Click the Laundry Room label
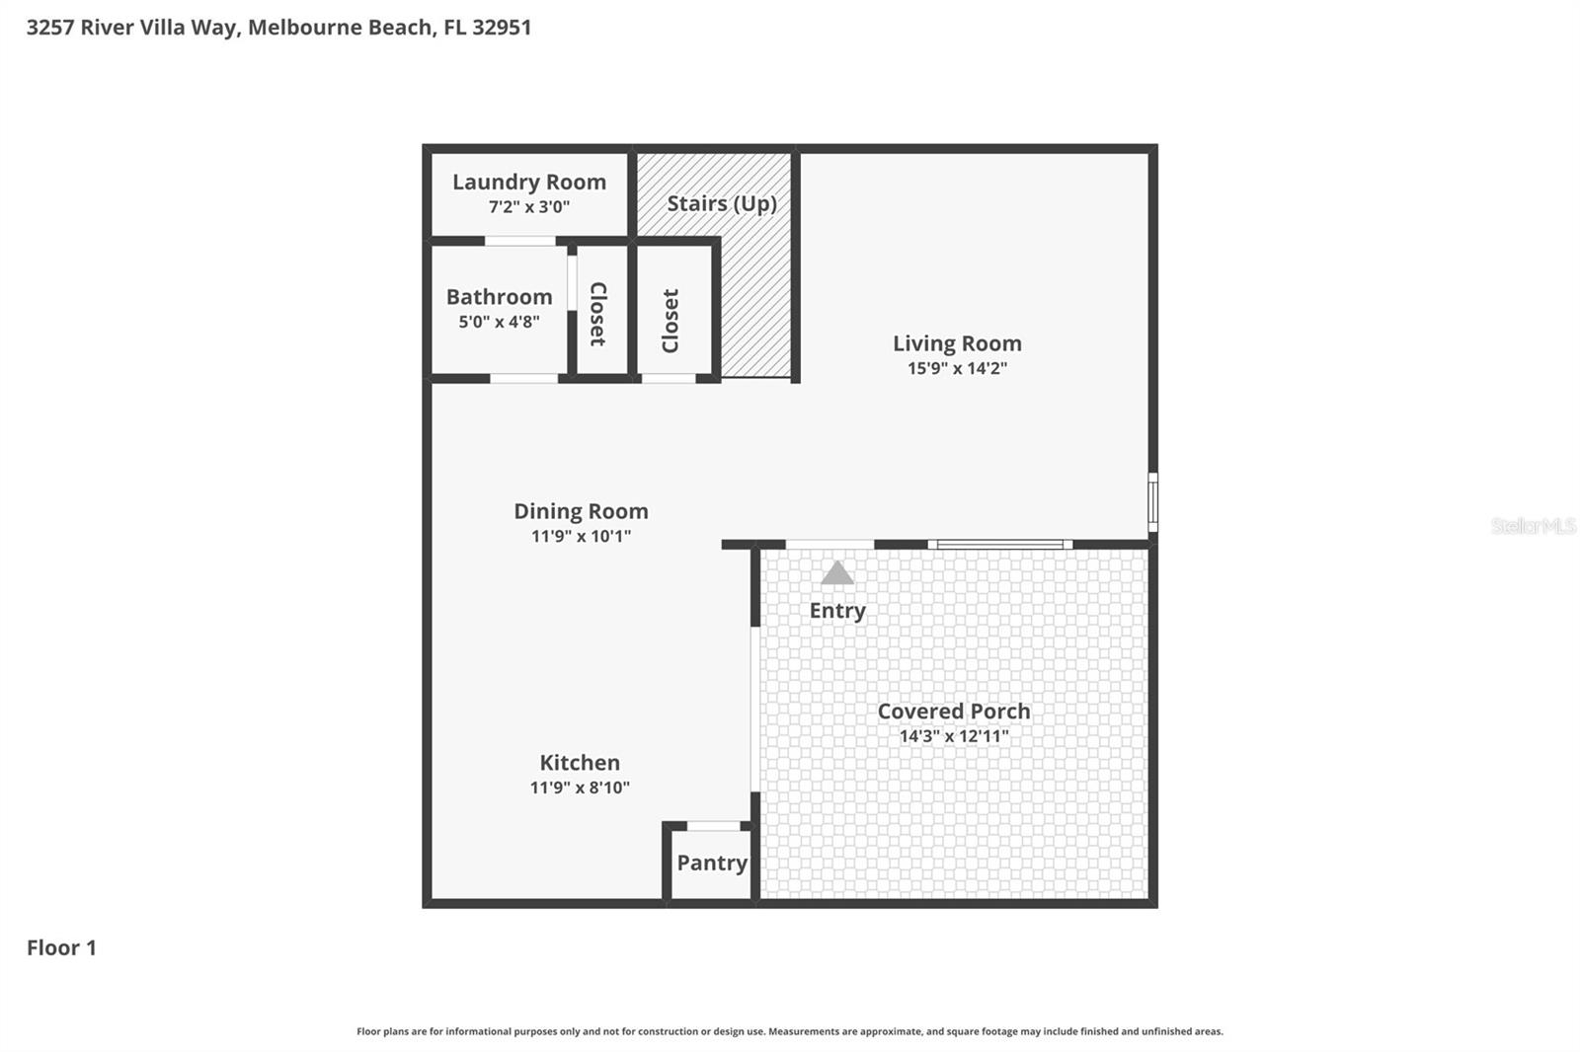tap(528, 182)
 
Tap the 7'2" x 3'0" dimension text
tap(528, 207)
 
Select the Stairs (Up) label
tap(721, 203)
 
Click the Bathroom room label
tap(499, 297)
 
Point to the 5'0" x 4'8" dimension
tap(499, 322)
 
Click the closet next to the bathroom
tap(598, 314)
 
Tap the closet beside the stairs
tap(671, 320)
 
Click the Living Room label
tap(957, 343)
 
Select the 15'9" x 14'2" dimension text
tap(957, 368)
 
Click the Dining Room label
tap(581, 511)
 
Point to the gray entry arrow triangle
tap(837, 573)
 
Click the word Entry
tap(837, 611)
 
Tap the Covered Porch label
tap(953, 712)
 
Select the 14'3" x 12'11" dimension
tap(953, 736)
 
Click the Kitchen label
tap(580, 763)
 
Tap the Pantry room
tap(711, 864)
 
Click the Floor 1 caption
tap(61, 948)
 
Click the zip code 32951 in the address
tap(502, 28)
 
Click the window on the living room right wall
tap(1152, 502)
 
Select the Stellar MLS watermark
tap(1533, 526)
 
